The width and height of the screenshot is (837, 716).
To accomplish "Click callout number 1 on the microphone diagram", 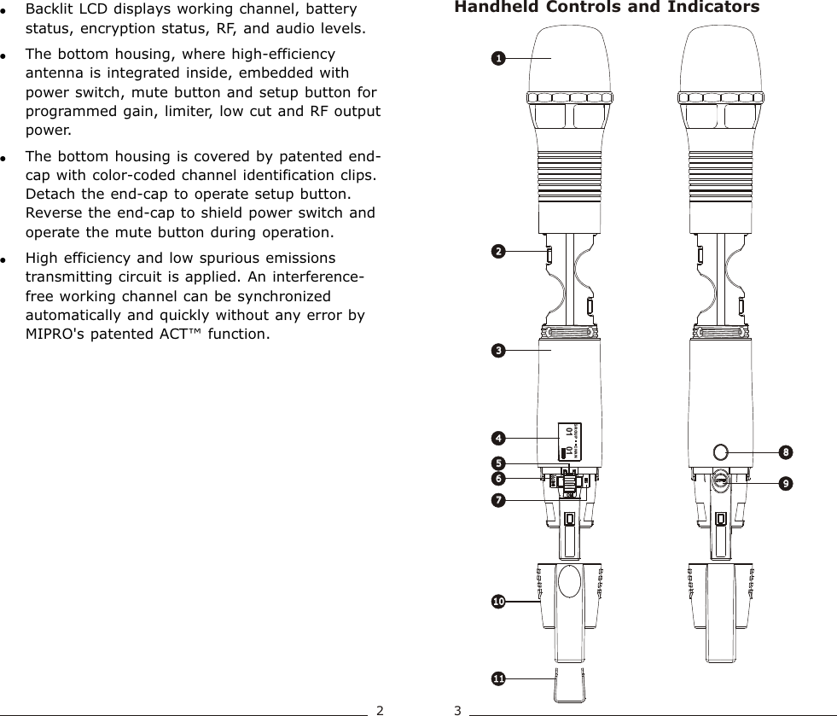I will (x=497, y=58).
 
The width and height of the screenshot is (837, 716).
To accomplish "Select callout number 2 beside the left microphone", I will (x=497, y=252).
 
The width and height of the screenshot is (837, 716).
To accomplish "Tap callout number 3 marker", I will (x=497, y=350).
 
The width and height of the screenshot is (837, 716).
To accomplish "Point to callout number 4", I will (x=497, y=438).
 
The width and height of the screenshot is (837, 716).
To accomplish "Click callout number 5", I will (x=497, y=463).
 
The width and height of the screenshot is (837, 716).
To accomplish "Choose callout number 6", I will (x=497, y=478).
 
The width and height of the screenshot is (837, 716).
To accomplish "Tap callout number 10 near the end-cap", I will (x=497, y=602).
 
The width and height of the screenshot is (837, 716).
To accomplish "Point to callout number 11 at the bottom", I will (x=497, y=678).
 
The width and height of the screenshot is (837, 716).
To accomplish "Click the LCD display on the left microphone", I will (x=568, y=442).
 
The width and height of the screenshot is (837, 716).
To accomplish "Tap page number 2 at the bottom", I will (x=381, y=709).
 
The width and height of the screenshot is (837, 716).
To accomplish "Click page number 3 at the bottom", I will (x=457, y=709).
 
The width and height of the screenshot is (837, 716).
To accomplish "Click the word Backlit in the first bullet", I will (x=48, y=11).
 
